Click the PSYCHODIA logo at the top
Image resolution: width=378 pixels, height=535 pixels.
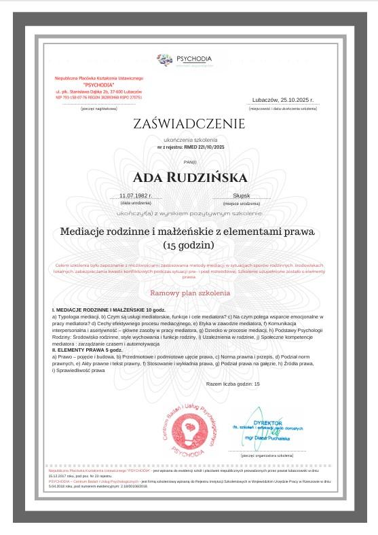(184, 60)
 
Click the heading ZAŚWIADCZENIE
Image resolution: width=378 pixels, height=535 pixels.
(189, 124)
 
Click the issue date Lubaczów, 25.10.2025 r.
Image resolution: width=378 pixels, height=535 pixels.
(283, 99)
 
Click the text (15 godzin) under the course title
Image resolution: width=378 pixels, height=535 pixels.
(189, 244)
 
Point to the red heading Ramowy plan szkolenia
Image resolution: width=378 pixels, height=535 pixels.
(189, 293)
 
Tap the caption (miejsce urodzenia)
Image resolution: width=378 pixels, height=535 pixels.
(241, 203)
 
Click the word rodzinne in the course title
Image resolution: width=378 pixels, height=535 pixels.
(138, 232)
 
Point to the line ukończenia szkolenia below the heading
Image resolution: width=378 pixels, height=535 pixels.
(189, 139)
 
